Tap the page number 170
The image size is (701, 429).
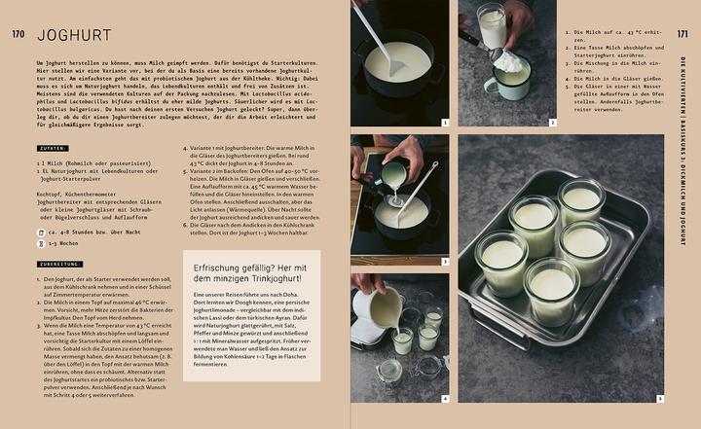coord(18,36)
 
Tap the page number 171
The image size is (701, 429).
coord(683,35)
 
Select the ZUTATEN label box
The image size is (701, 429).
coord(54,149)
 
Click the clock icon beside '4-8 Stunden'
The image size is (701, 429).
coord(40,232)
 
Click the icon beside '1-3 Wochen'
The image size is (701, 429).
coord(40,244)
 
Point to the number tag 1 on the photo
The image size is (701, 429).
coord(444,123)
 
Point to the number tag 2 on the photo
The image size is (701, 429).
coord(552,123)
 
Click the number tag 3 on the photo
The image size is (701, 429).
coord(444,261)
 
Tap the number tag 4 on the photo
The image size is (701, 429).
coord(444,398)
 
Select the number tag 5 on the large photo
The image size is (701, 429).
coord(659,398)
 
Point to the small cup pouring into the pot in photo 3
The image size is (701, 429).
coord(394,175)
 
